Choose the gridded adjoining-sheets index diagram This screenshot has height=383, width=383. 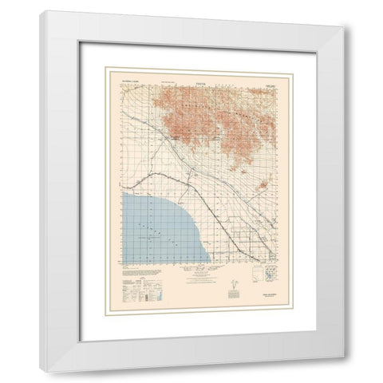click(x=272, y=275)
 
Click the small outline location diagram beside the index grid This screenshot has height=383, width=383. click(x=256, y=275)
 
